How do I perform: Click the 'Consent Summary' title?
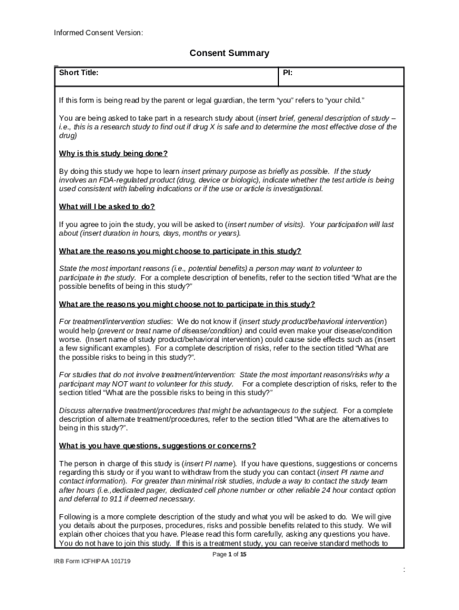(229, 54)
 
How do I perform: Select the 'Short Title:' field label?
(79, 73)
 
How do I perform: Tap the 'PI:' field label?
(287, 73)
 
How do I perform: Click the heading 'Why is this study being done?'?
(113, 154)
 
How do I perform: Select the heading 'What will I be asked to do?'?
(107, 207)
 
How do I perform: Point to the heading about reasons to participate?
(180, 251)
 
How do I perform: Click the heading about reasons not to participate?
(187, 304)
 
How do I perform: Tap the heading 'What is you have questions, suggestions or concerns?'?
(157, 446)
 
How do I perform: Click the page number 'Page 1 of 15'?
(229, 555)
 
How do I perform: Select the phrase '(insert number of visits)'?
(263, 225)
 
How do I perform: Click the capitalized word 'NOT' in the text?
(122, 384)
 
